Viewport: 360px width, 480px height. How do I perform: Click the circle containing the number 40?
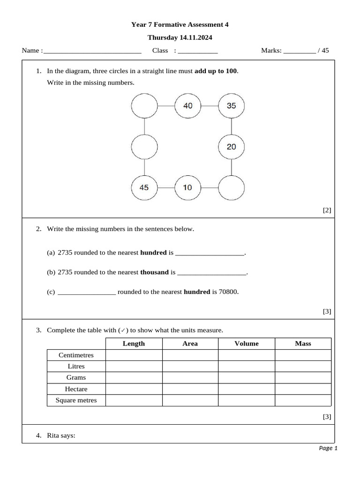[x=187, y=106]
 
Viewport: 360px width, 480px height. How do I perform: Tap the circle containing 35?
[x=232, y=106]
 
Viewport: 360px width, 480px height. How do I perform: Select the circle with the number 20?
[x=232, y=147]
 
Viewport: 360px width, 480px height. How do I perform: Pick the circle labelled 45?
[x=144, y=187]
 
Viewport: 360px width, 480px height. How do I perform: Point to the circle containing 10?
[x=187, y=187]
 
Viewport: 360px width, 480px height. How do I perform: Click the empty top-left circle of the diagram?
[x=144, y=106]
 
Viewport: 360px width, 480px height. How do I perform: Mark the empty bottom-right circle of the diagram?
[x=232, y=187]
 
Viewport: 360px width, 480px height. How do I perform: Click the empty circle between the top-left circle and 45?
[x=144, y=147]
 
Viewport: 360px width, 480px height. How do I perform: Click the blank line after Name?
[x=92, y=51]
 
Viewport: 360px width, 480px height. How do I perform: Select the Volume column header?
[x=247, y=344]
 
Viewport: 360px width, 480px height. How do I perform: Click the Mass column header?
[x=303, y=344]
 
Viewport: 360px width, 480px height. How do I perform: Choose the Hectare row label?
[x=76, y=389]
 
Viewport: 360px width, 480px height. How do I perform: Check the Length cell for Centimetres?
[x=134, y=355]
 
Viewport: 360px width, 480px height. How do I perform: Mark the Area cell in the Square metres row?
[x=190, y=400]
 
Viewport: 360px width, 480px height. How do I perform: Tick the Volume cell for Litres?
[x=247, y=367]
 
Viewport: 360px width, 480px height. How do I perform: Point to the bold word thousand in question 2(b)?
[x=154, y=272]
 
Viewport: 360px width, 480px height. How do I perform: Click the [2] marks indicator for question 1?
[x=327, y=210]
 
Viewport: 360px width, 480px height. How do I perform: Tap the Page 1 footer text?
[x=328, y=448]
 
